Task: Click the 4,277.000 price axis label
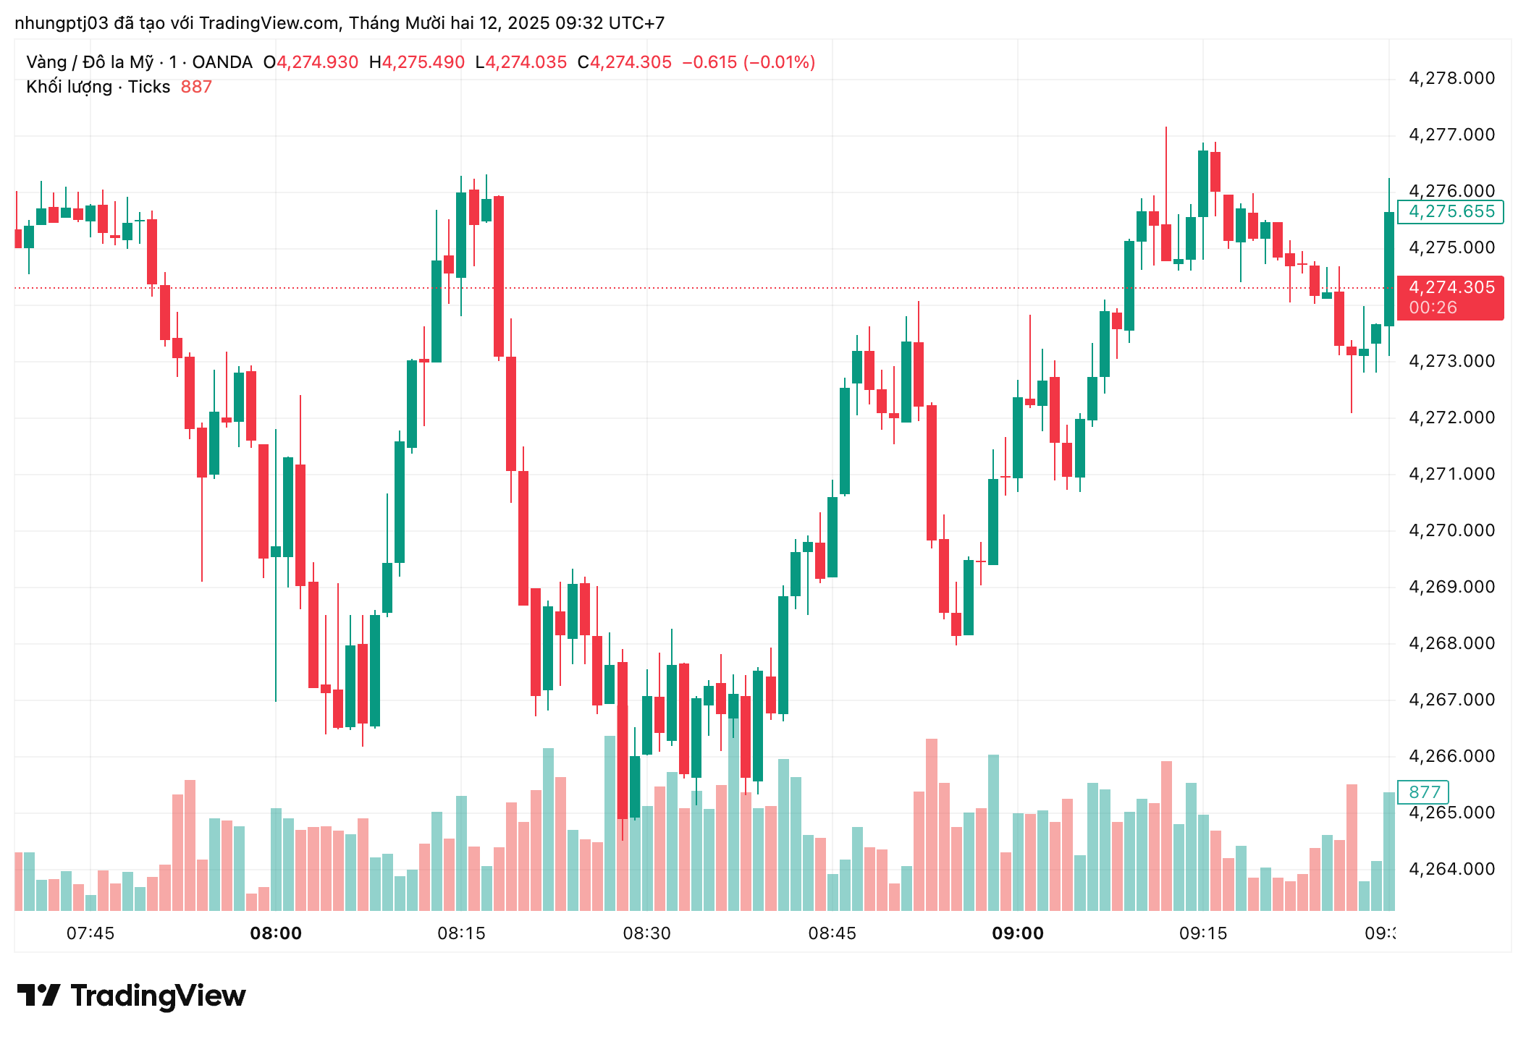[x=1451, y=135]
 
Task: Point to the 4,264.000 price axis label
[x=1451, y=869]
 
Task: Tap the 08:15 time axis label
[x=461, y=933]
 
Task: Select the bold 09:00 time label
[x=1017, y=933]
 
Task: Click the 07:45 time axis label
[x=90, y=933]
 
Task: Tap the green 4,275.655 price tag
[x=1451, y=211]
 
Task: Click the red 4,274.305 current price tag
[x=1451, y=288]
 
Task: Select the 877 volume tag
[x=1424, y=792]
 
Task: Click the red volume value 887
[x=196, y=87]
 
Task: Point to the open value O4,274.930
[x=311, y=62]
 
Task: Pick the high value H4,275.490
[x=417, y=62]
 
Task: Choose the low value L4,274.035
[x=521, y=62]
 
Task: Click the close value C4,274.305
[x=625, y=62]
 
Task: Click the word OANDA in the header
[x=222, y=62]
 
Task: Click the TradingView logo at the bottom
[x=132, y=996]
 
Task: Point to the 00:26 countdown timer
[x=1433, y=308]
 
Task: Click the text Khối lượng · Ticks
[x=98, y=87]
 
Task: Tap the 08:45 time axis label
[x=832, y=933]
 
